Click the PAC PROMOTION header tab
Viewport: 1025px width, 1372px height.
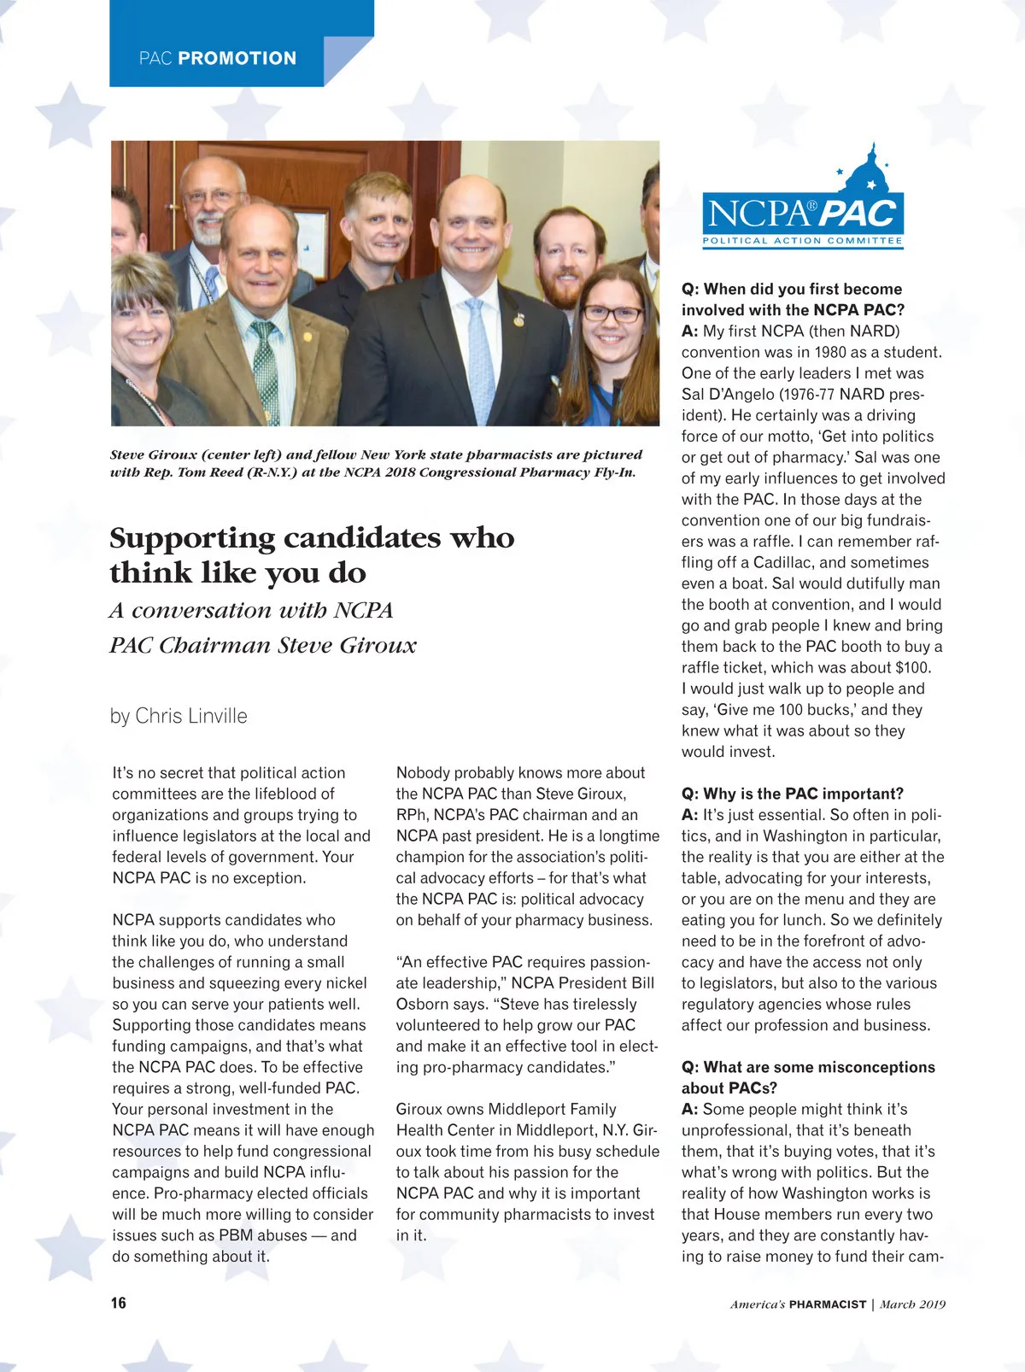point(218,58)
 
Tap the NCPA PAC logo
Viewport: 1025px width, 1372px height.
point(802,214)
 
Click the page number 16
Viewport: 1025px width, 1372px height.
point(118,1303)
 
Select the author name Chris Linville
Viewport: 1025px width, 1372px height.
point(191,716)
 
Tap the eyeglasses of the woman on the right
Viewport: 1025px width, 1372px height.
point(612,314)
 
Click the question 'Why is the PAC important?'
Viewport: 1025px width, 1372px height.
point(792,794)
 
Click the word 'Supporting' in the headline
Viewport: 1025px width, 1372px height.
point(191,538)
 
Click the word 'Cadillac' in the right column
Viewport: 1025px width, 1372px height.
point(782,563)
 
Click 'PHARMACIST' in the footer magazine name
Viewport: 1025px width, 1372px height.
point(827,1305)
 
